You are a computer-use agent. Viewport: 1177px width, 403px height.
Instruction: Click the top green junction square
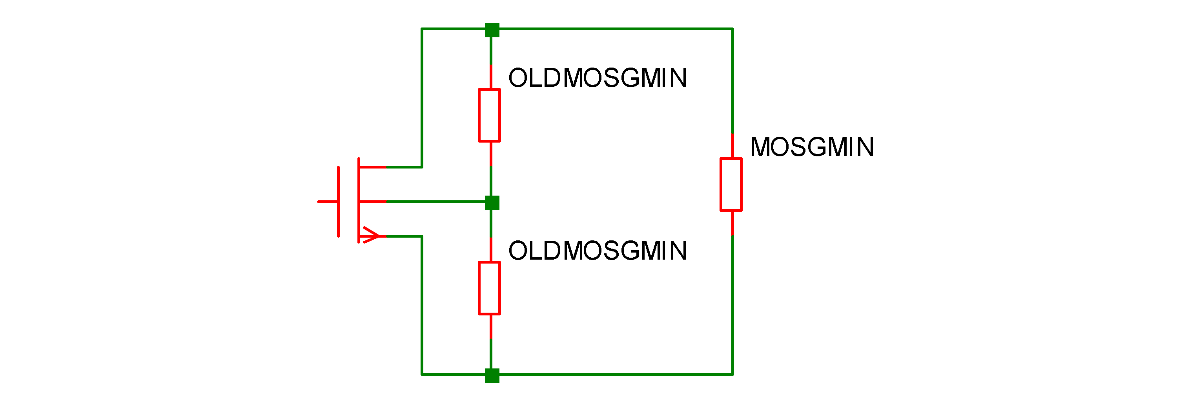[492, 30]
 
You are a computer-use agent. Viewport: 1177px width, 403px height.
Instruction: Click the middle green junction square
[492, 203]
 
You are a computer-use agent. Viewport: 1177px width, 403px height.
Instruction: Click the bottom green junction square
[492, 375]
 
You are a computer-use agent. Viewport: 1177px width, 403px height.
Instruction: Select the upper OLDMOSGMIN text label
[597, 78]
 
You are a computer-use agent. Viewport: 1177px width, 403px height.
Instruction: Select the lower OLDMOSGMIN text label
[597, 251]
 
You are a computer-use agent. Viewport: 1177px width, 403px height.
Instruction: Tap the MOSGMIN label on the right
[811, 147]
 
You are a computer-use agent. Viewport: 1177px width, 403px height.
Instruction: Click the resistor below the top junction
[489, 115]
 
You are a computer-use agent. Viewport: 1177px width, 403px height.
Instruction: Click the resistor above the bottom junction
[489, 288]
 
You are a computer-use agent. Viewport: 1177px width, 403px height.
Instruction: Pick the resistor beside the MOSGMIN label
[731, 184]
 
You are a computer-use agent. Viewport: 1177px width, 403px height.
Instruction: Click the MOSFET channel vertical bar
[359, 200]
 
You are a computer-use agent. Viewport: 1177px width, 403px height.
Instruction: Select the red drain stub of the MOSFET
[373, 167]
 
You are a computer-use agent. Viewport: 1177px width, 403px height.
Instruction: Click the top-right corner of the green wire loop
[732, 29]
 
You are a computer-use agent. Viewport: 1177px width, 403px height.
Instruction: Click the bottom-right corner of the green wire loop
[732, 375]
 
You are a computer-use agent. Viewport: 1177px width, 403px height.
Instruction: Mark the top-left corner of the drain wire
[422, 29]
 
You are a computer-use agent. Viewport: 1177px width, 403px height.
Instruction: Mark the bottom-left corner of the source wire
[422, 375]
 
